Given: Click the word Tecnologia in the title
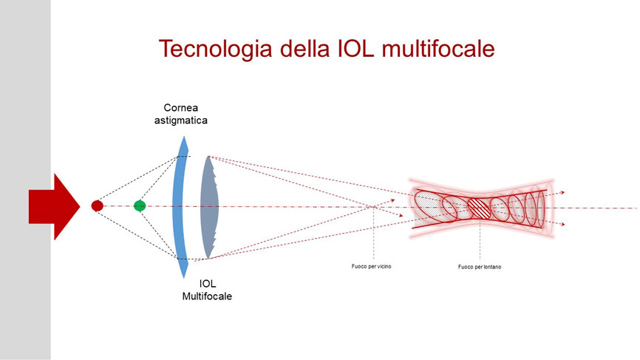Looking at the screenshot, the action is point(215,49).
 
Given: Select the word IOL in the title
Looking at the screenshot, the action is point(355,48).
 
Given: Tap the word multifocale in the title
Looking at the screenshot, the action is point(438,48).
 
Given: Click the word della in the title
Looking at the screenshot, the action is point(304,48).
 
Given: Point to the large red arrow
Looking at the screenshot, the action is point(54,206).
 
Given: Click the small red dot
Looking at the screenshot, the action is point(97,206).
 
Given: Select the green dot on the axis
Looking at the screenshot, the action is point(140,206).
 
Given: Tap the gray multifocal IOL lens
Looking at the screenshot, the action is point(209,207).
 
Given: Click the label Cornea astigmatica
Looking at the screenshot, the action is point(181,114).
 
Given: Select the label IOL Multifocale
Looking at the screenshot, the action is point(207,290).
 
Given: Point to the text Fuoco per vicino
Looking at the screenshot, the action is point(372,267).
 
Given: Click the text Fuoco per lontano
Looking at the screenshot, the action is point(480,267).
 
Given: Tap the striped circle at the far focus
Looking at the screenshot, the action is point(478,208).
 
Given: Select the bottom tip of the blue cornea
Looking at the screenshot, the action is point(184,277).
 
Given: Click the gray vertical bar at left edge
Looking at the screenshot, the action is point(25,180).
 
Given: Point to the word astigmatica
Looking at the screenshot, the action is point(181,120).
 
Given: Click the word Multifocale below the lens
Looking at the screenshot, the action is point(207,296).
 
